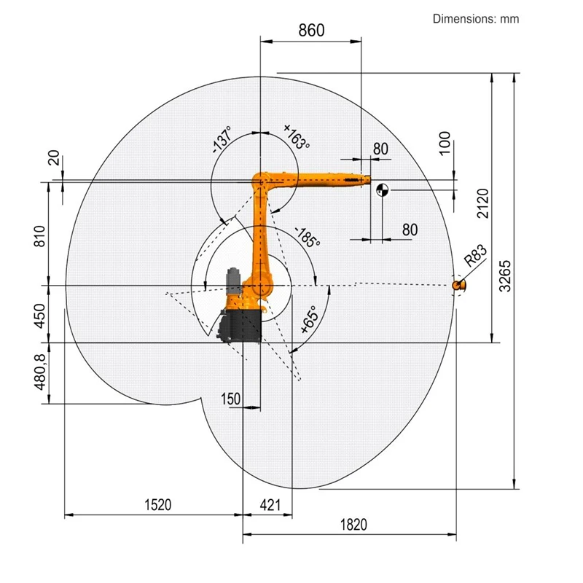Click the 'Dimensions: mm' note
click(476, 19)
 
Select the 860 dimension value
click(311, 30)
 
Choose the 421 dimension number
click(270, 505)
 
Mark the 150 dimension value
click(232, 398)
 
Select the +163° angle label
click(297, 137)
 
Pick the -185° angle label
click(307, 238)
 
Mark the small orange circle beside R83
click(458, 285)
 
